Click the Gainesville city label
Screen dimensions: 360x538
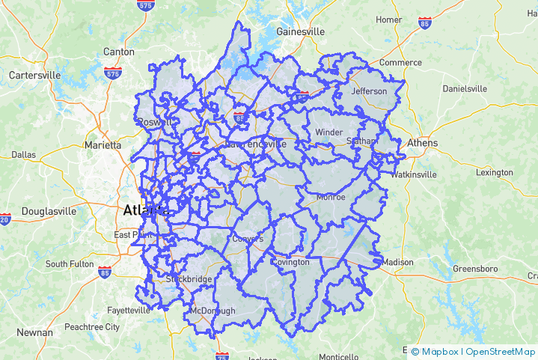pos(301,32)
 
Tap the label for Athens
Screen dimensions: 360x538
pos(423,143)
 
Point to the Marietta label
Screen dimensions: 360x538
pos(103,145)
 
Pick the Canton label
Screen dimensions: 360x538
pos(119,52)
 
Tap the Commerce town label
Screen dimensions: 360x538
pos(401,62)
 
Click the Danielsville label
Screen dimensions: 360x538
pos(464,88)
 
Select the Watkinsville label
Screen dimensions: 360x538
pos(413,174)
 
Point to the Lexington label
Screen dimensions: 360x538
pos(495,172)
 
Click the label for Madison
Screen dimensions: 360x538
pos(397,262)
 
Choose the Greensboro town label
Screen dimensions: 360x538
pos(475,268)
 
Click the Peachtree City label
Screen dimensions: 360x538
pos(92,327)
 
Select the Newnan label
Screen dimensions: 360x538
pos(35,332)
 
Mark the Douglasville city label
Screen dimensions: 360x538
pos(49,211)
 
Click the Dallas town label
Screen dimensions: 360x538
pos(24,155)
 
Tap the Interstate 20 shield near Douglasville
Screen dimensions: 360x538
pos(5,219)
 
